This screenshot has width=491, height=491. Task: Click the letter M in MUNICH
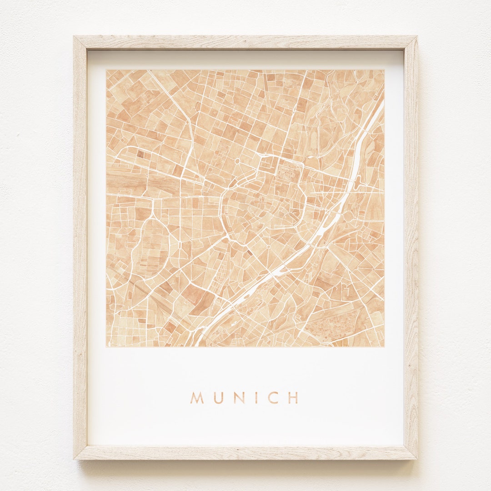pyautogui.click(x=197, y=398)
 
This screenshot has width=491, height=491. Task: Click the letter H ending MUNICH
pyautogui.click(x=294, y=398)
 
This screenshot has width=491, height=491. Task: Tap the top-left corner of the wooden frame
pyautogui.click(x=75, y=37)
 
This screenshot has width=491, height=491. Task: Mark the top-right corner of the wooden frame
pyautogui.click(x=416, y=37)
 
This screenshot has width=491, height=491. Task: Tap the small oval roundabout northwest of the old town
pyautogui.click(x=237, y=161)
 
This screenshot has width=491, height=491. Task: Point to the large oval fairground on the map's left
pyautogui.click(x=150, y=245)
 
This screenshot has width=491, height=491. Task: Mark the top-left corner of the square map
pyautogui.click(x=106, y=70)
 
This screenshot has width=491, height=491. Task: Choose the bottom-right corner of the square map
pyautogui.click(x=384, y=347)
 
